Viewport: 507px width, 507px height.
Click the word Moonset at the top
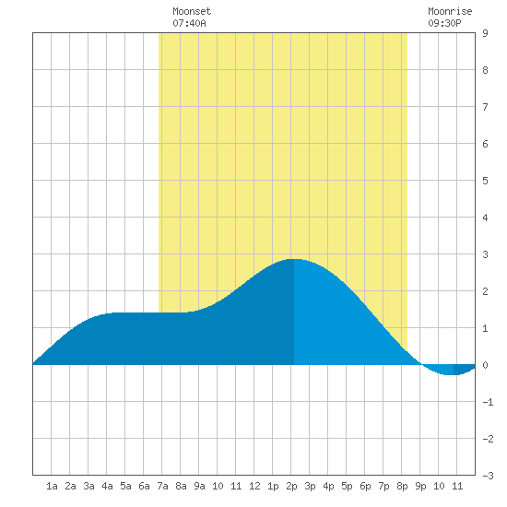pyautogui.click(x=192, y=11)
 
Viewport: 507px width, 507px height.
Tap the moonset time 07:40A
pyautogui.click(x=189, y=23)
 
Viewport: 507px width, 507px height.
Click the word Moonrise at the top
pyautogui.click(x=450, y=11)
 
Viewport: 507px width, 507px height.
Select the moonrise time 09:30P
pyautogui.click(x=444, y=23)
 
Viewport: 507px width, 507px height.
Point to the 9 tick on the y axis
pyautogui.click(x=485, y=33)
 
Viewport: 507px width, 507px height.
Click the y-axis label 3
pyautogui.click(x=485, y=254)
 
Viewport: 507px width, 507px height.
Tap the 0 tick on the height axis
pyautogui.click(x=485, y=365)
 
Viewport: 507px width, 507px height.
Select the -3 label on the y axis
pyautogui.click(x=488, y=476)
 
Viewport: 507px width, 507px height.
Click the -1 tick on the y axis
pyautogui.click(x=488, y=402)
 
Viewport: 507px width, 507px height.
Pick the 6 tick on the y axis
pyautogui.click(x=485, y=144)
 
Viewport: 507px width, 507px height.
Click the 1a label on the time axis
pyautogui.click(x=52, y=486)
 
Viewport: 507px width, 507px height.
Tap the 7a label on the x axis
pyautogui.click(x=162, y=486)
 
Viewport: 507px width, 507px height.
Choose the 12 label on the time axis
pyautogui.click(x=254, y=486)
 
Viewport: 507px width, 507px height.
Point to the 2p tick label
pyautogui.click(x=291, y=486)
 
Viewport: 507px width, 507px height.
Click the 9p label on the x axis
pyautogui.click(x=420, y=486)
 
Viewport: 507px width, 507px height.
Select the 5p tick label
pyautogui.click(x=347, y=486)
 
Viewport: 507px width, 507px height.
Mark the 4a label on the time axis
pyautogui.click(x=107, y=486)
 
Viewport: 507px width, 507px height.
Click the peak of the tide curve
pyautogui.click(x=293, y=259)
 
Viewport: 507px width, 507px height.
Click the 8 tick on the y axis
pyautogui.click(x=485, y=70)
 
